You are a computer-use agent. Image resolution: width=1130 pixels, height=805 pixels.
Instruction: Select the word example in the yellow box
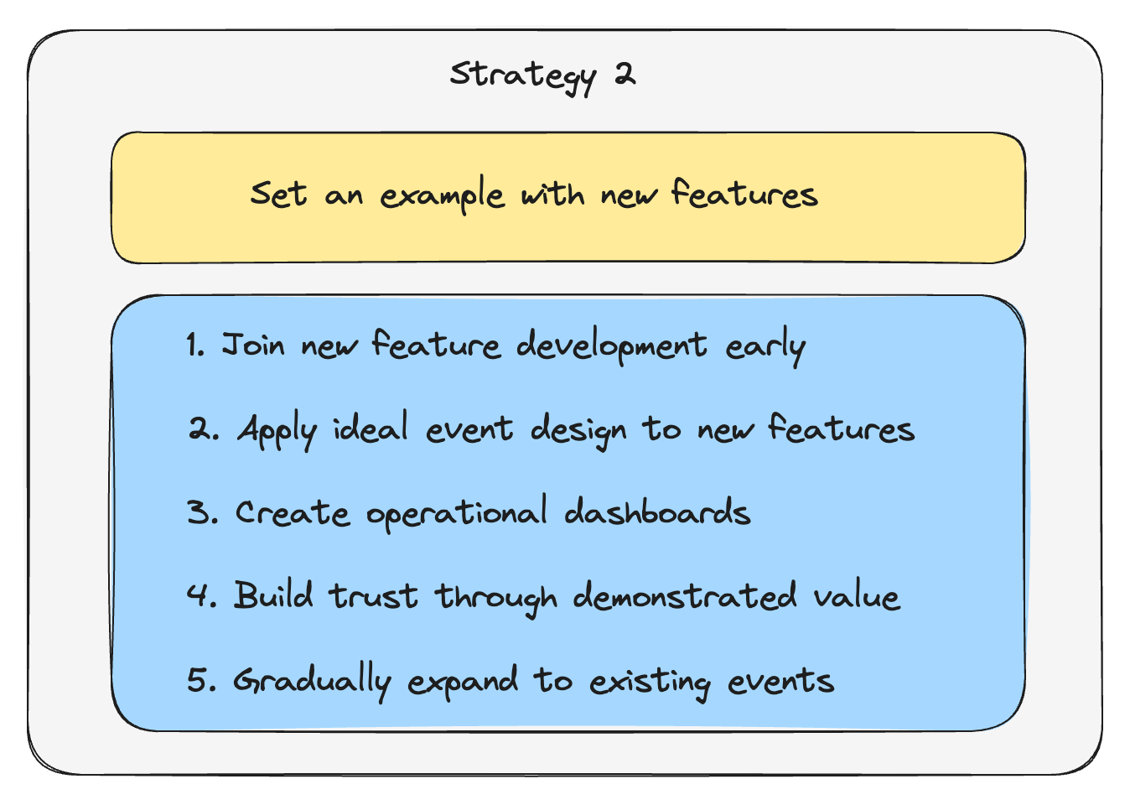point(442,196)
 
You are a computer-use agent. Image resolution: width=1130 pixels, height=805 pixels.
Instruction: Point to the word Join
point(253,345)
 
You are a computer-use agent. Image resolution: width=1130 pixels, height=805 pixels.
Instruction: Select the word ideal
point(371,428)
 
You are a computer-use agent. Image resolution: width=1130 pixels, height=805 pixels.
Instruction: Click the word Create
point(292,512)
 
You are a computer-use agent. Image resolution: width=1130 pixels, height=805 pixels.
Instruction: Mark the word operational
point(457,513)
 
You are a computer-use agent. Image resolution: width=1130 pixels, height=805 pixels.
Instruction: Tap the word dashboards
point(657,512)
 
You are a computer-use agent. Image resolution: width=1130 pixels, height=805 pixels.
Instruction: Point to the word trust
point(373,596)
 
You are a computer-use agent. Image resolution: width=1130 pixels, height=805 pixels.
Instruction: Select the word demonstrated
point(685,596)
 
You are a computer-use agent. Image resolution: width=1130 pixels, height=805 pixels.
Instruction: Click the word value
point(857,597)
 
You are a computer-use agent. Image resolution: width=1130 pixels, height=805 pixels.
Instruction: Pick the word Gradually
point(312,681)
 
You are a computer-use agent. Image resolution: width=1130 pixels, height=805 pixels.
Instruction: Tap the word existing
point(650,681)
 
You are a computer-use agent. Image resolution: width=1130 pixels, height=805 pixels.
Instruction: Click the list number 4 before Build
point(200,595)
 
